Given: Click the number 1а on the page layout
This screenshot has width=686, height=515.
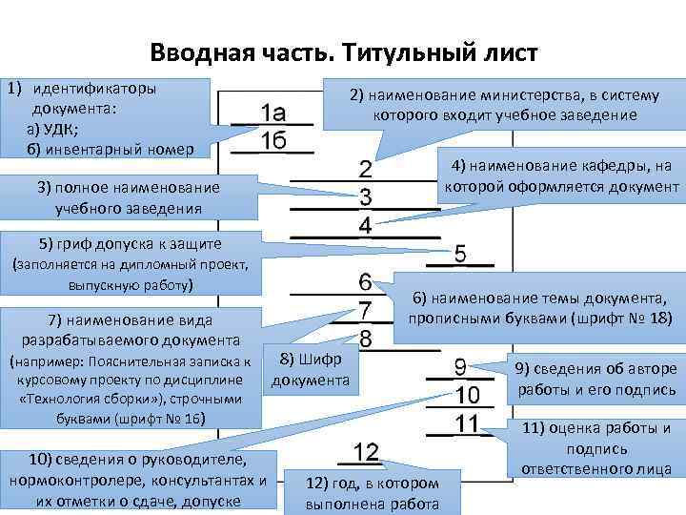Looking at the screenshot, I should coord(274,109).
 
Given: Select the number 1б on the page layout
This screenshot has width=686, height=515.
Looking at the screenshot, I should coord(274,140).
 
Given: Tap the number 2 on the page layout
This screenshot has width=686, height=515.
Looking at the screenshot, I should coord(366,171).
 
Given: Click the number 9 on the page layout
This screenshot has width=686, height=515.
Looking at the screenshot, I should coord(461,366).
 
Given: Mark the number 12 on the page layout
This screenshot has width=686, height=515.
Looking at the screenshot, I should coord(366,450).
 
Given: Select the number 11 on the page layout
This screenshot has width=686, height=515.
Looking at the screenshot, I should coord(464,422).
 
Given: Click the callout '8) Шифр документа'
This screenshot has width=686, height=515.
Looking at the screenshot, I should coord(311,369).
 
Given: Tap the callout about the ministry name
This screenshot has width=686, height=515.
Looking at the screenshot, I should coord(504,106).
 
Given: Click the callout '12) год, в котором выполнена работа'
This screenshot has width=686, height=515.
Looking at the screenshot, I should coord(373,493).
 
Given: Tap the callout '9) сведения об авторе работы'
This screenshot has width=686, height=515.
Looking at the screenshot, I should coord(595,380).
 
